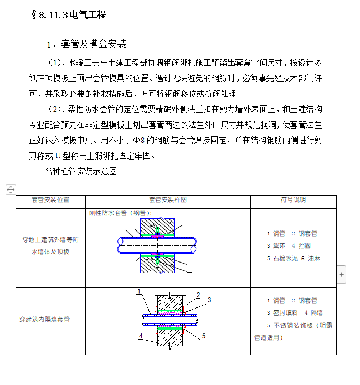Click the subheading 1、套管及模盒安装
[86, 44]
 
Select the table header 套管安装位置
[50, 200]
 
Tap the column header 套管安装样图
[167, 200]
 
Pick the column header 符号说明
[293, 200]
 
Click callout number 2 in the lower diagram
[198, 295]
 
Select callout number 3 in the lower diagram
[209, 300]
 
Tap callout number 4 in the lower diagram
[141, 336]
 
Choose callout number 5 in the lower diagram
[204, 336]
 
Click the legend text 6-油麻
[311, 258]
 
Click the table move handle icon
[10, 189]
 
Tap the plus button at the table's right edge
[341, 274]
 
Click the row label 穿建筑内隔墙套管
[45, 320]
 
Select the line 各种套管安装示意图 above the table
[81, 172]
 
